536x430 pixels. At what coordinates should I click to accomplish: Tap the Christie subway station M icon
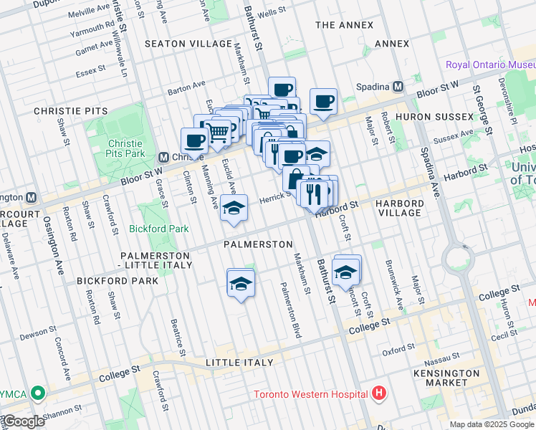pyautogui.click(x=163, y=157)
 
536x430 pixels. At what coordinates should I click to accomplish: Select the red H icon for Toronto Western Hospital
pyautogui.click(x=379, y=393)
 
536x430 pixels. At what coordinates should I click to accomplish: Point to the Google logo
pyautogui.click(x=24, y=421)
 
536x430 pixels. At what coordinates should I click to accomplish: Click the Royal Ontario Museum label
pyautogui.click(x=490, y=64)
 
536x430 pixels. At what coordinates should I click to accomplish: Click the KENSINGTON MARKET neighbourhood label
pyautogui.click(x=446, y=378)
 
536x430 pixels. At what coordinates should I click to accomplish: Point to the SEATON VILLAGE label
pyautogui.click(x=178, y=44)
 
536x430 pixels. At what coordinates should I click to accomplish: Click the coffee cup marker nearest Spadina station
pyautogui.click(x=323, y=102)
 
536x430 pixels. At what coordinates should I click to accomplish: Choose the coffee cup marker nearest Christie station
pyautogui.click(x=193, y=141)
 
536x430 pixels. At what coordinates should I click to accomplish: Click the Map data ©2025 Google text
pyautogui.click(x=492, y=424)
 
